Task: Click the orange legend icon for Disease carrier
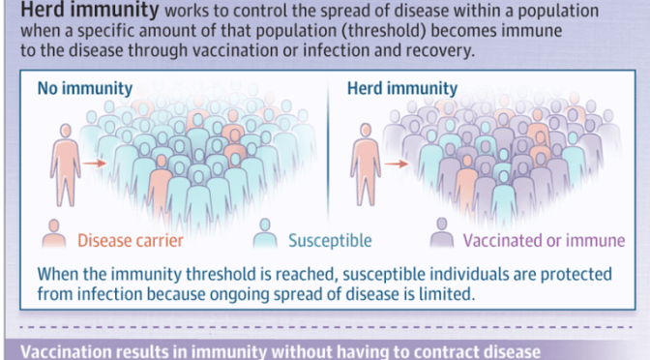pyautogui.click(x=56, y=237)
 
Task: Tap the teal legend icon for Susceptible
pyautogui.click(x=263, y=237)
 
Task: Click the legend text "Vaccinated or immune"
pyautogui.click(x=544, y=240)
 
